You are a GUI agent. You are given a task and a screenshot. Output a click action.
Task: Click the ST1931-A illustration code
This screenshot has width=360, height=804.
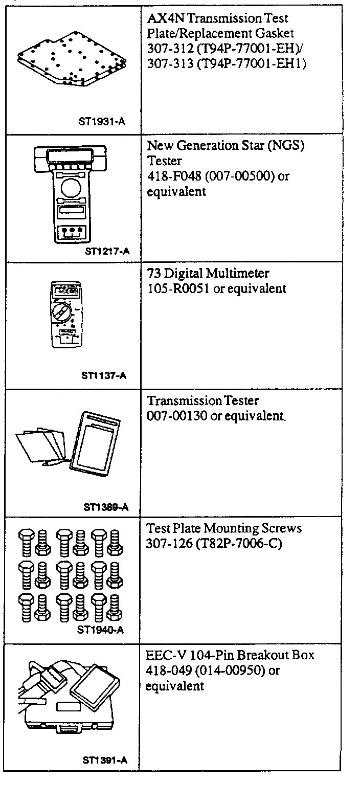coord(102,122)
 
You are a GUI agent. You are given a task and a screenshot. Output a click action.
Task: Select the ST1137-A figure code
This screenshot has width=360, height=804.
coord(104,375)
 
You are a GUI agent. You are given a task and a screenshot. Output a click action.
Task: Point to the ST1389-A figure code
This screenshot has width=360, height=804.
coord(105,507)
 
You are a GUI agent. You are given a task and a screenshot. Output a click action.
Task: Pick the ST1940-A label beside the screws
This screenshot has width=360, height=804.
coord(100,630)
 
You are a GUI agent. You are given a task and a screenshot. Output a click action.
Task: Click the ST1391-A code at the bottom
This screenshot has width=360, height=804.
coord(105,760)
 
